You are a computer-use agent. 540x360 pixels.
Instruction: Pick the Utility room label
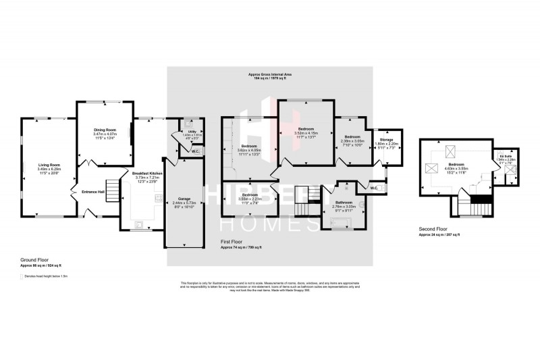[x=192, y=132]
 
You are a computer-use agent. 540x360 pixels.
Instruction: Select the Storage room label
[x=386, y=140]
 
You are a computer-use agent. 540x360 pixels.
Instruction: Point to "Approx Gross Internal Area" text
[x=269, y=74]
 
